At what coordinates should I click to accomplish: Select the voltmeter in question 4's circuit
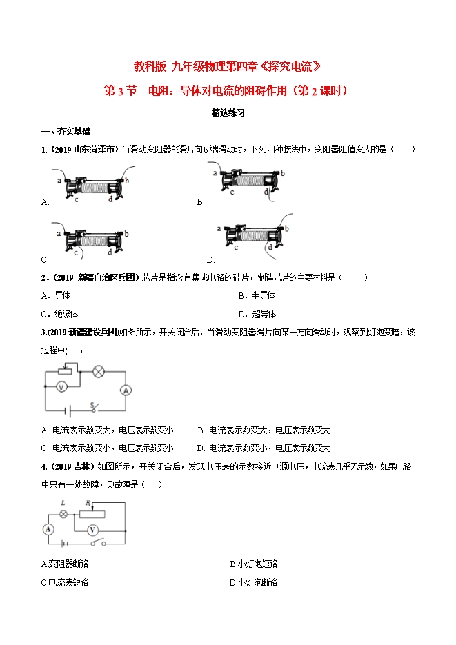point(92,530)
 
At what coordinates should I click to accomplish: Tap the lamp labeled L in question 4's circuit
point(63,514)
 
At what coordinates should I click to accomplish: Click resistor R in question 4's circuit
point(92,514)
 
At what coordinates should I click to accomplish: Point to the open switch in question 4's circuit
point(97,544)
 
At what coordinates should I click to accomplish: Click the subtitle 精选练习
point(228,112)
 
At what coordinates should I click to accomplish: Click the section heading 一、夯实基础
point(66,131)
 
